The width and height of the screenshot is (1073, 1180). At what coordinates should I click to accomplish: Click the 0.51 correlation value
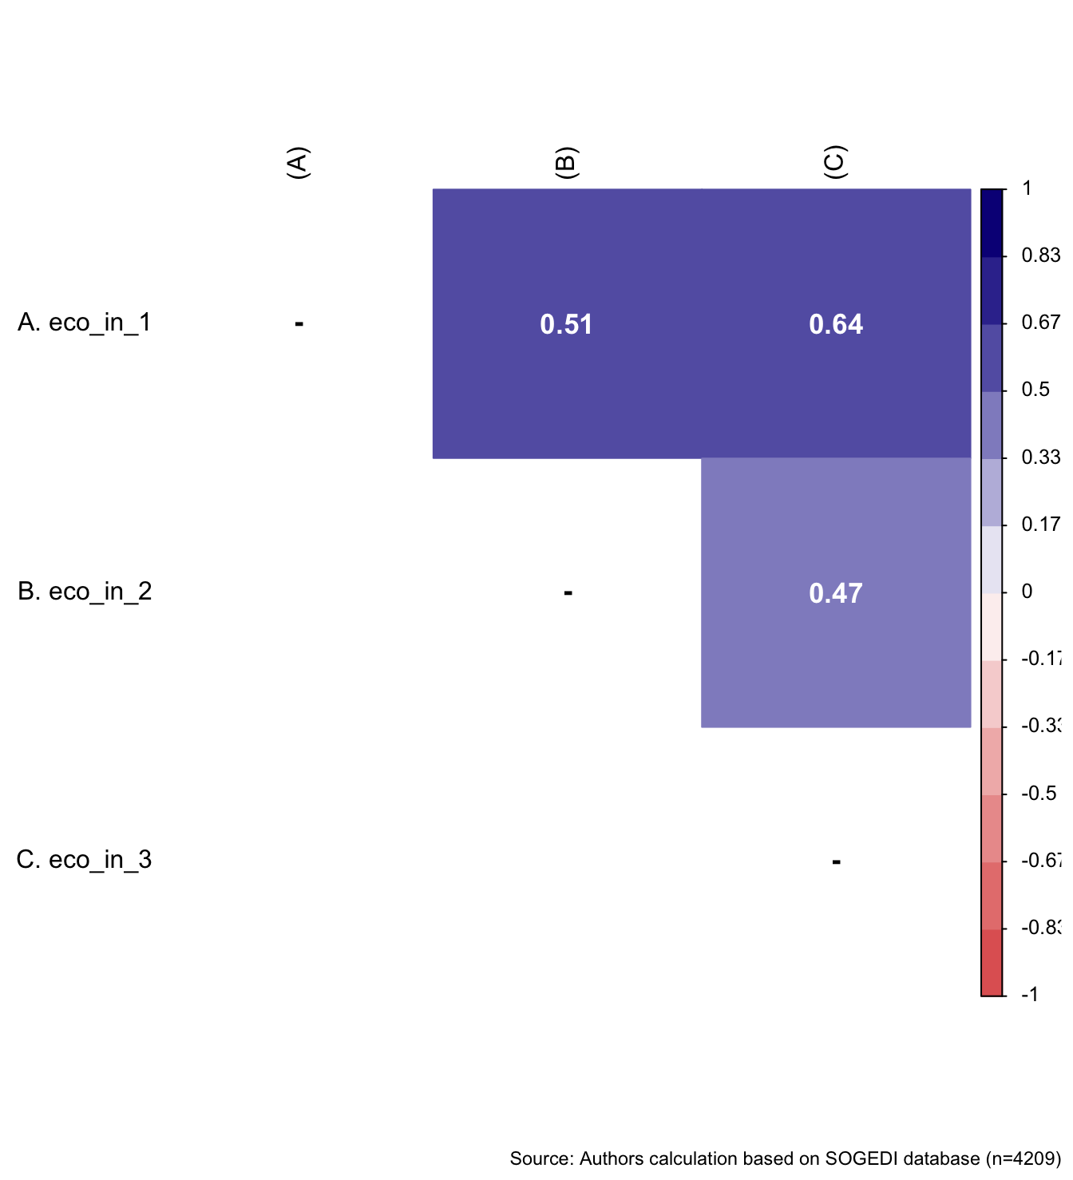pyautogui.click(x=566, y=324)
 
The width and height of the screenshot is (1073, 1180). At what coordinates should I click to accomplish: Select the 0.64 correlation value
pyautogui.click(x=835, y=324)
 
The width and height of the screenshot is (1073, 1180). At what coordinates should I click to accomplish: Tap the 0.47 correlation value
pyautogui.click(x=835, y=593)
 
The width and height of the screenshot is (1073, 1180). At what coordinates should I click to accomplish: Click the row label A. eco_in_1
pyautogui.click(x=85, y=323)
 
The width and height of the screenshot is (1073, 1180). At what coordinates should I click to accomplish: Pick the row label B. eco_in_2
pyautogui.click(x=85, y=592)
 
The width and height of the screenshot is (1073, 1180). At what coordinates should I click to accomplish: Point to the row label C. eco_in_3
pyautogui.click(x=85, y=860)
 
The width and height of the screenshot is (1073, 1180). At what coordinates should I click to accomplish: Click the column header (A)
pyautogui.click(x=297, y=163)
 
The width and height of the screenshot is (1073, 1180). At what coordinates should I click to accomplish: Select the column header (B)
pyautogui.click(x=566, y=163)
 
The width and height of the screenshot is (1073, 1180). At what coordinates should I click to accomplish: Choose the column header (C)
pyautogui.click(x=834, y=163)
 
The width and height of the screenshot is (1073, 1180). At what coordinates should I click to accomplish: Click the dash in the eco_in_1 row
pyautogui.click(x=299, y=323)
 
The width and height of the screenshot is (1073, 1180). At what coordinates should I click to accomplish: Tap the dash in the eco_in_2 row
pyautogui.click(x=568, y=592)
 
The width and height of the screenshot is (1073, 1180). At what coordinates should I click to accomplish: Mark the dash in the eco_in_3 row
pyautogui.click(x=836, y=861)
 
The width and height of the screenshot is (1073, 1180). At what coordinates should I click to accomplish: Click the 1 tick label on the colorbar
pyautogui.click(x=1027, y=188)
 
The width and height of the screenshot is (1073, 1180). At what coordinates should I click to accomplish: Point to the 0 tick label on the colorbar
pyautogui.click(x=1027, y=592)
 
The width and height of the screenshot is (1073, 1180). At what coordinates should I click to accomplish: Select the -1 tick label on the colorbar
pyautogui.click(x=1030, y=995)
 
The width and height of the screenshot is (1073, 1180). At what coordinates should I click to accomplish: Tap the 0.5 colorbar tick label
pyautogui.click(x=1035, y=390)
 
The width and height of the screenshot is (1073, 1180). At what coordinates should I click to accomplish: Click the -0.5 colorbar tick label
pyautogui.click(x=1038, y=794)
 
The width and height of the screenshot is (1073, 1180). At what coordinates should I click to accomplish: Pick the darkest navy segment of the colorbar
pyautogui.click(x=992, y=223)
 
